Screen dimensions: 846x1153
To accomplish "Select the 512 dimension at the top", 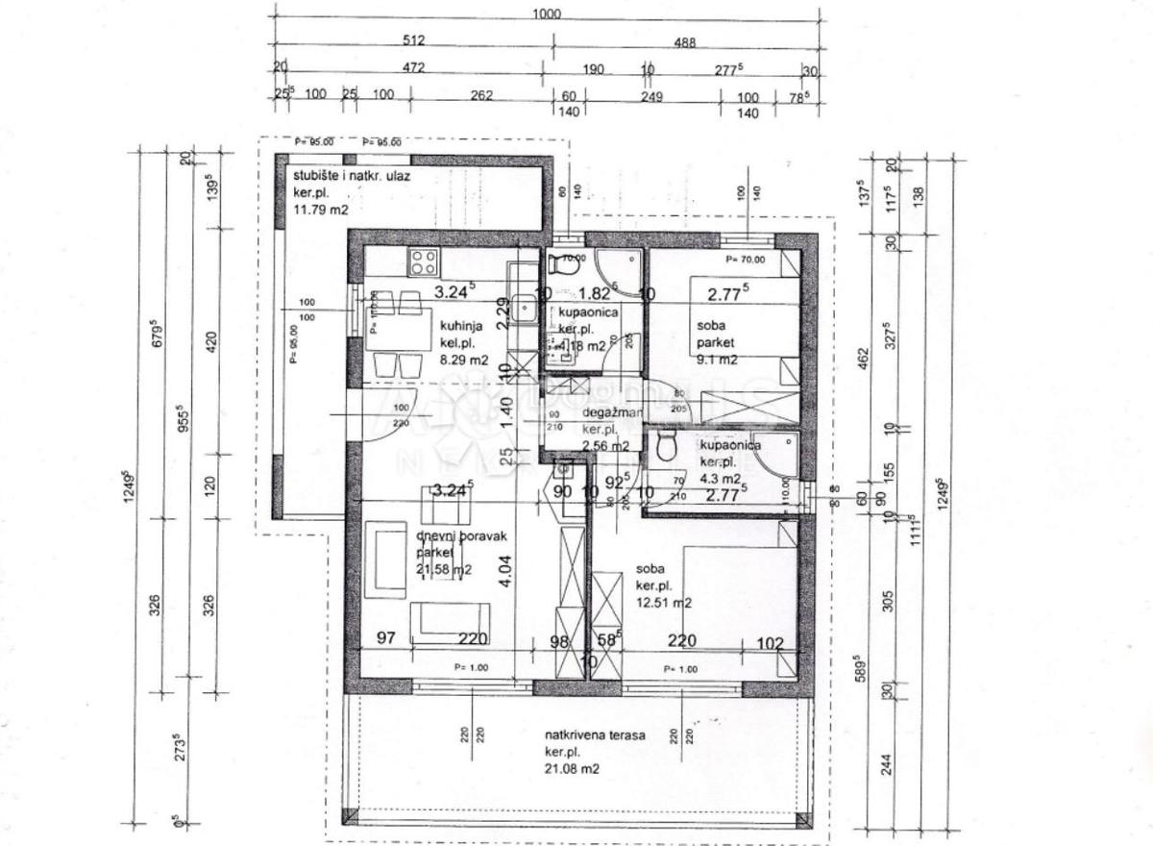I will click(414, 41).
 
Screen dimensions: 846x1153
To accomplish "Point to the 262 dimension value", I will click(480, 96).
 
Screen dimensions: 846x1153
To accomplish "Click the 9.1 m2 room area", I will click(717, 361).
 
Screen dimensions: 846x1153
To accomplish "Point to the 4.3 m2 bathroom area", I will click(720, 478).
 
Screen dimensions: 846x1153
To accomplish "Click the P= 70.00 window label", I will click(746, 260).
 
